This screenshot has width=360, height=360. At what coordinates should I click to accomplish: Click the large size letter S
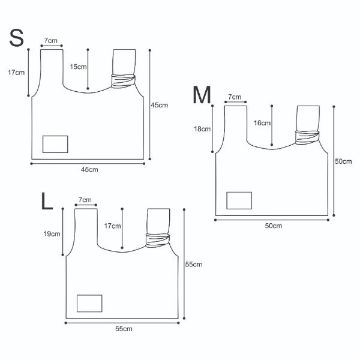tap(16, 38)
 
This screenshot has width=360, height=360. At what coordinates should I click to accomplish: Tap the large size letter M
tap(202, 95)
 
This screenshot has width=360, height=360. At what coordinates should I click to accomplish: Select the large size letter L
tap(47, 201)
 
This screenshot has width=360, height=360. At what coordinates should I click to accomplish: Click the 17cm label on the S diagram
tap(16, 73)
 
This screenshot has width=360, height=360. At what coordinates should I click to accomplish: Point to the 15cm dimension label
tap(78, 67)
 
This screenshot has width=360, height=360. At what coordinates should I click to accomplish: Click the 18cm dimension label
tap(202, 129)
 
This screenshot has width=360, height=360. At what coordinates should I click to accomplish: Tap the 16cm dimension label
tap(262, 123)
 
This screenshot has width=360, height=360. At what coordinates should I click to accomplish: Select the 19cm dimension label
tap(52, 234)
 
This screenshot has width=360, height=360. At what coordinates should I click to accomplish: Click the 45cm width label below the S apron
tap(89, 170)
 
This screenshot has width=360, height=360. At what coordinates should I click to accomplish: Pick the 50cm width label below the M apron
tap(274, 226)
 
